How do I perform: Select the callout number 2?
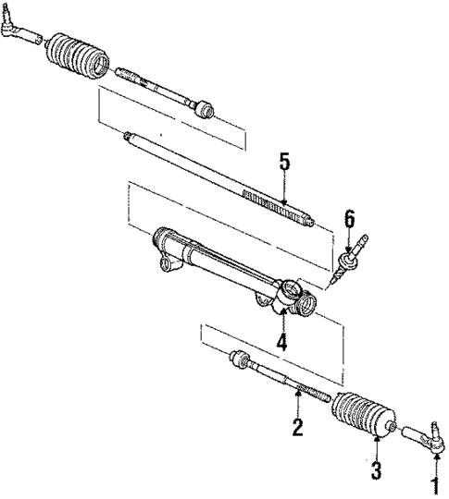(298, 427)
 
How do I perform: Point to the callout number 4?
(281, 341)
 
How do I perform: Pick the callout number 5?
(284, 162)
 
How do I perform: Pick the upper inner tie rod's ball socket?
(205, 109)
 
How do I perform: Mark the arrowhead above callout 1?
(431, 455)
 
